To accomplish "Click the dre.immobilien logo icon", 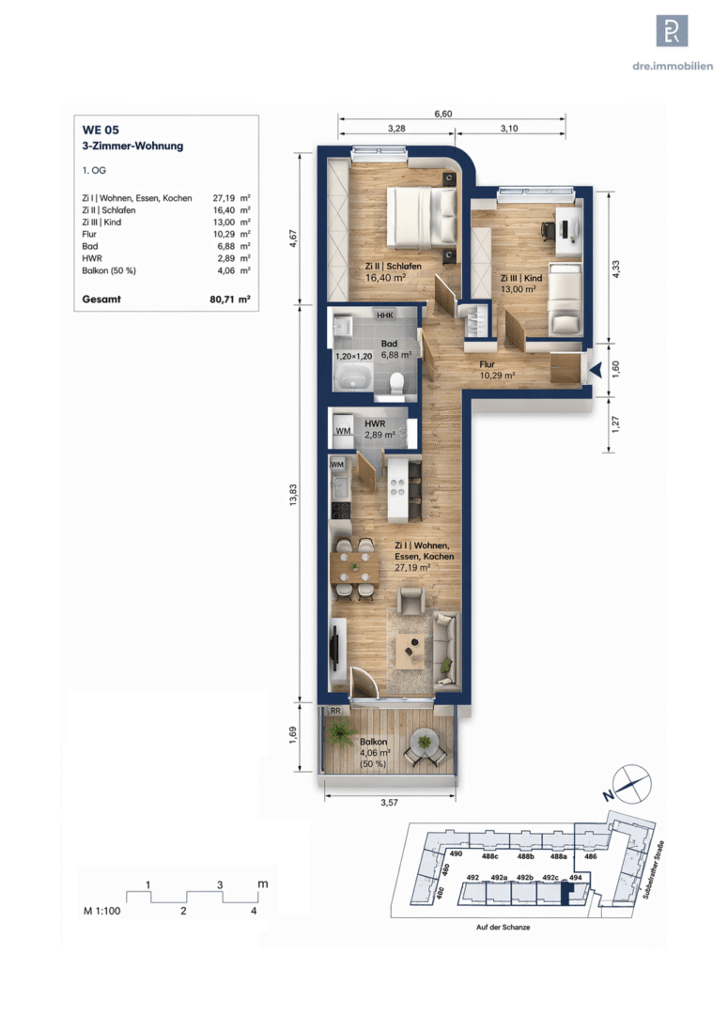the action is coord(672,30).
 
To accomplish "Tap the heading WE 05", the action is coord(101,130).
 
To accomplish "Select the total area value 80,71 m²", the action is coord(230,300).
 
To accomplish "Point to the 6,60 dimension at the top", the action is coord(443,114).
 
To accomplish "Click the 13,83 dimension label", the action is coord(292,495).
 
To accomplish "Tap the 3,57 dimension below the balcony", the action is coord(389,803).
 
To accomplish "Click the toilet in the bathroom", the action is coord(397,382).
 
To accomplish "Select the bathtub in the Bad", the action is coord(352,377).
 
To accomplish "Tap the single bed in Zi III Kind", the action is coord(565,299).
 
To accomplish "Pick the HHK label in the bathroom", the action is coord(385,315).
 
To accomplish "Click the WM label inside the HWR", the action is coord(343,431).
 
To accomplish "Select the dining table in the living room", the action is coord(355,568).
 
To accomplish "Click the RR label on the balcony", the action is coord(335,711).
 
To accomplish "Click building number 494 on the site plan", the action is coord(575,878).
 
